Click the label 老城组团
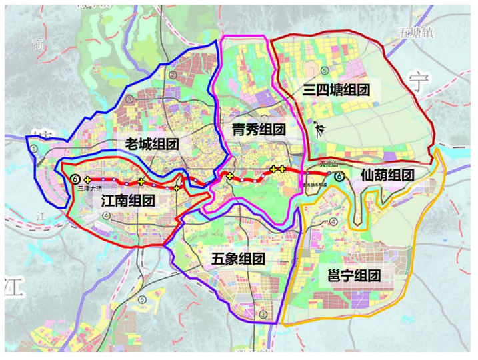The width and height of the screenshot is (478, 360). pos(153,144)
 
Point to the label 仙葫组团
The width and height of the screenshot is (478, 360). pos(387,175)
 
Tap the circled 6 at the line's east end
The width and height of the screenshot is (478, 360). pos(339,177)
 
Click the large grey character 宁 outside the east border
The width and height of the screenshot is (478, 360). pos(418,83)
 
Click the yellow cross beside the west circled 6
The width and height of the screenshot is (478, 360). pos(87,180)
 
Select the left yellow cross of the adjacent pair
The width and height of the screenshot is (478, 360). pos(273,169)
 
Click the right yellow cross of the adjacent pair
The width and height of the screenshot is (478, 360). pos(282,169)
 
